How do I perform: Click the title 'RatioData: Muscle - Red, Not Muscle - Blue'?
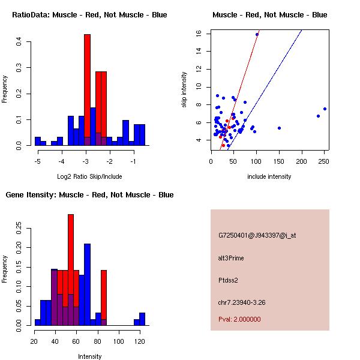tap(89, 14)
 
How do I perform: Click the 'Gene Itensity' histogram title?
tap(89, 195)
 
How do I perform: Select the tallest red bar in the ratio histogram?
tap(87, 90)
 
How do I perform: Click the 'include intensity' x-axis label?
tap(269, 176)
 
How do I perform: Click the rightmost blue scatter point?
tap(325, 109)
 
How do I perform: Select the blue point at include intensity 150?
tap(279, 128)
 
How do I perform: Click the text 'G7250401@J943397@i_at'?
tap(257, 235)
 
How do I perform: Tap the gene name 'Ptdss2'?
tap(229, 280)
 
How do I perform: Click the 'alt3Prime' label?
tap(231, 258)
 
